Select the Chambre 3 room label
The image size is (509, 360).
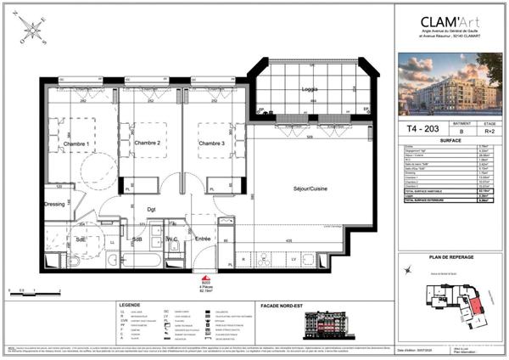pos(211,143)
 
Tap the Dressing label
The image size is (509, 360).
pos(55,204)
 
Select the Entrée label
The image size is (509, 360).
pos(203,240)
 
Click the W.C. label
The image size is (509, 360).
pos(172,239)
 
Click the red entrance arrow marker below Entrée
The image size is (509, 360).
pos(204,278)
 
